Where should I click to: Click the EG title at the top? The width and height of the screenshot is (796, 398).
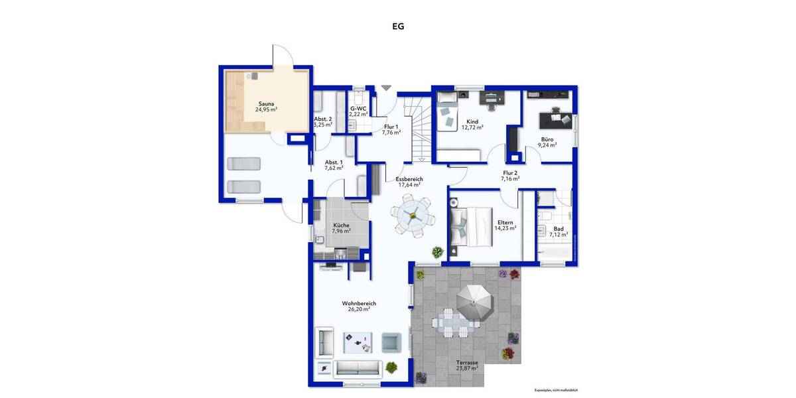point(398,27)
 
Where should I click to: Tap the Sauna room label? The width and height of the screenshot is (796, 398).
point(266,103)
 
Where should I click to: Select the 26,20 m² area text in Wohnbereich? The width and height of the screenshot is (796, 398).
point(358,309)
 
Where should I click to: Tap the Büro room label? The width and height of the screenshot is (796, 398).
point(547,139)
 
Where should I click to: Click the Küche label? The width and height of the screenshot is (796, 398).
point(341,226)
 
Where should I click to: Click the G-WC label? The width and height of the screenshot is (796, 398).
point(358,108)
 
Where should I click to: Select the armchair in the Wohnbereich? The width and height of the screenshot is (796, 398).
point(391,342)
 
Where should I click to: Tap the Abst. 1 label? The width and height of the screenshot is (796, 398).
point(334,162)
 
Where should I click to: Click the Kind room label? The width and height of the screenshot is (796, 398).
point(472,121)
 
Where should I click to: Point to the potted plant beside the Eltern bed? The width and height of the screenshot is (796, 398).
point(438,252)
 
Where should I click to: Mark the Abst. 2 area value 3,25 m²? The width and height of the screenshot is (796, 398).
point(323,125)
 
